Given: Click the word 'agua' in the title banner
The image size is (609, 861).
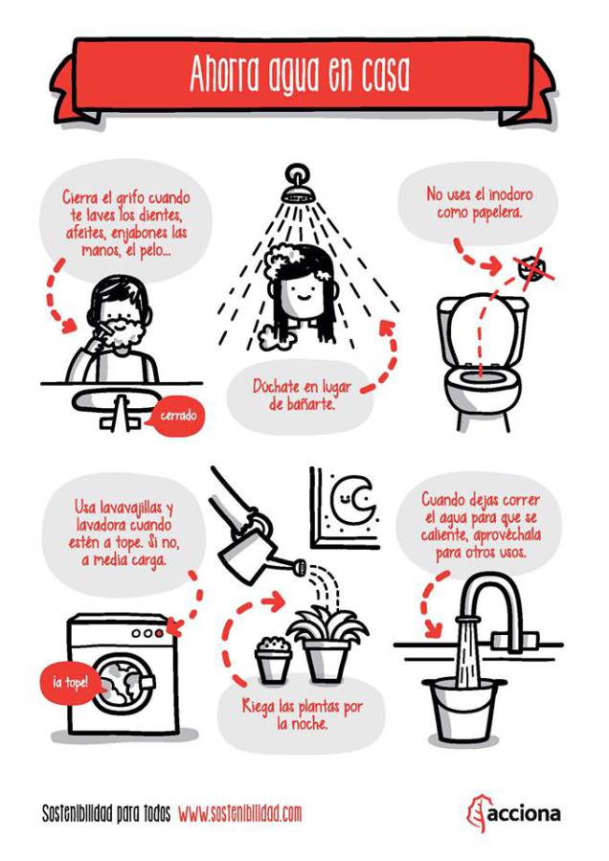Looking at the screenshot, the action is [293, 76].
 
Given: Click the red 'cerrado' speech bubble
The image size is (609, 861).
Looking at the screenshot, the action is [176, 416].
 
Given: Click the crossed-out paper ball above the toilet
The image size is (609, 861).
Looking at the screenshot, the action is [530, 268].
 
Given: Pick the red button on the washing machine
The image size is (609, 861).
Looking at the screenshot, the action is [159, 634].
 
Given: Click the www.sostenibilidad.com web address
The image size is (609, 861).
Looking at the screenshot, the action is [240, 813].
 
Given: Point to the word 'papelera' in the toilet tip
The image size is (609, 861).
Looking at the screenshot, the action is [496, 213].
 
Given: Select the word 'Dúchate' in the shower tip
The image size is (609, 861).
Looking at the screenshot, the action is [277, 387].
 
